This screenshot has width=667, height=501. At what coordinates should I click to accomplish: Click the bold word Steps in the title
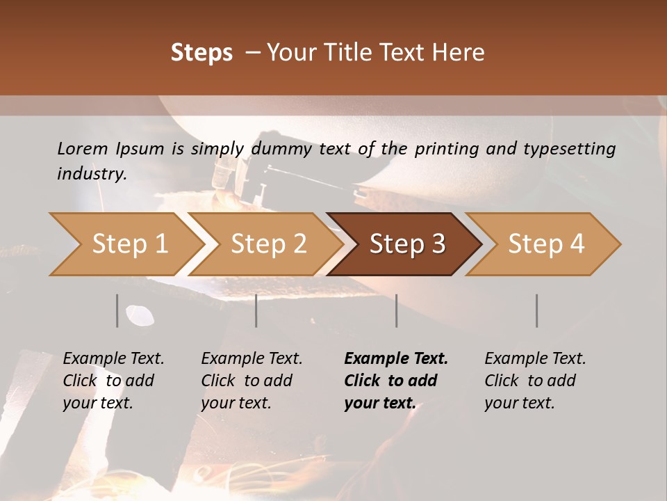201,52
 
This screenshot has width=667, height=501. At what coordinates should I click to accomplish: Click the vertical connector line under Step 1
117,310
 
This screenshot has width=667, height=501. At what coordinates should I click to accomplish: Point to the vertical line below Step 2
256,310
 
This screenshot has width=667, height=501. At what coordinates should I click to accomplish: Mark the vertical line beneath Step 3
397,310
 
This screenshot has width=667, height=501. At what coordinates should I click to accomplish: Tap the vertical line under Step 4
536,310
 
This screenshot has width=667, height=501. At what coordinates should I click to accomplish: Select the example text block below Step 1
113,381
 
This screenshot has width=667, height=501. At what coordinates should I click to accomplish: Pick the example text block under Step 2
251,381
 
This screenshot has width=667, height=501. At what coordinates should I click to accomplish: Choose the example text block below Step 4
534,381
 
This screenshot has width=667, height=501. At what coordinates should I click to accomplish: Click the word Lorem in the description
83,148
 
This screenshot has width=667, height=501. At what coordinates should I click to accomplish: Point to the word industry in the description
91,174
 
